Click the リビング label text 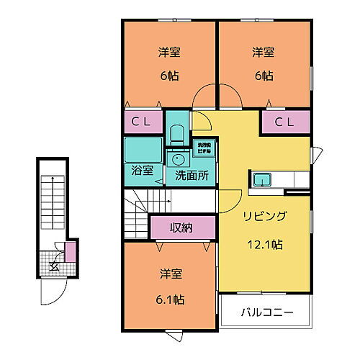tap(264, 216)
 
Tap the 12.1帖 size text tap(264, 245)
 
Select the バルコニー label tap(265, 314)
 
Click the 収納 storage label tap(181, 228)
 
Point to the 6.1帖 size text tap(171, 299)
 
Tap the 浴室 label tap(142, 171)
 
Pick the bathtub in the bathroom tap(141, 149)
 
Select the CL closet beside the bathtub tap(141, 122)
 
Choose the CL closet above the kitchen tap(285, 122)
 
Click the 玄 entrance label tap(55, 266)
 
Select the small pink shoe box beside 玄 tap(70, 253)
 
